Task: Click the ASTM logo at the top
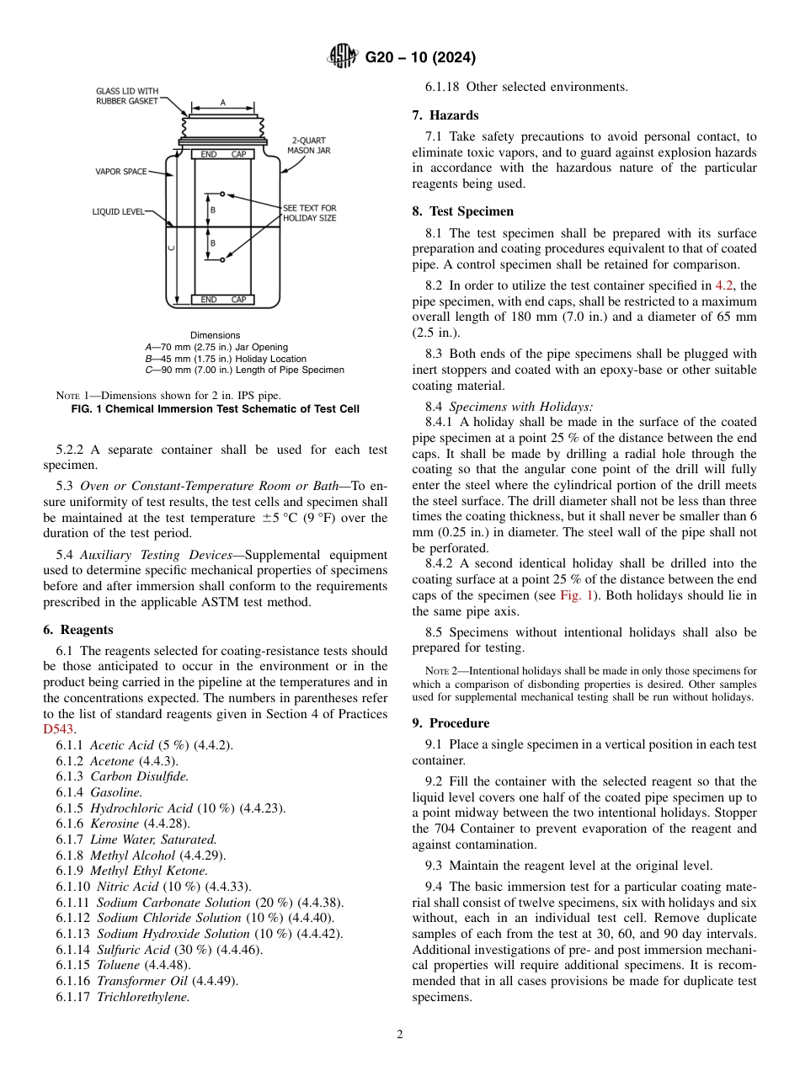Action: click(342, 57)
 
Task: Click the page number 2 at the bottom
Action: click(400, 1035)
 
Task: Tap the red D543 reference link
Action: click(59, 729)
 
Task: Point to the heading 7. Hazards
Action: click(445, 115)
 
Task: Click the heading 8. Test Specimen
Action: click(462, 211)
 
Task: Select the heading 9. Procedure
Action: click(451, 723)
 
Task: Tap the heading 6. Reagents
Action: click(78, 630)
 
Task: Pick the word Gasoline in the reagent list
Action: click(116, 792)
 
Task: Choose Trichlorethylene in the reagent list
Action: click(142, 997)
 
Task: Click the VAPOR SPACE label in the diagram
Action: click(120, 172)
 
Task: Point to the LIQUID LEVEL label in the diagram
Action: click(118, 212)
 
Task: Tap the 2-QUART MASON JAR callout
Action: click(308, 145)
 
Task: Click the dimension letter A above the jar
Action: click(223, 102)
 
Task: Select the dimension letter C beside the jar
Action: click(171, 248)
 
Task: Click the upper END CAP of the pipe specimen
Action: click(223, 155)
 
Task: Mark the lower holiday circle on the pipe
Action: click(222, 260)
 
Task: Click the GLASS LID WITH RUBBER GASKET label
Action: click(126, 96)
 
